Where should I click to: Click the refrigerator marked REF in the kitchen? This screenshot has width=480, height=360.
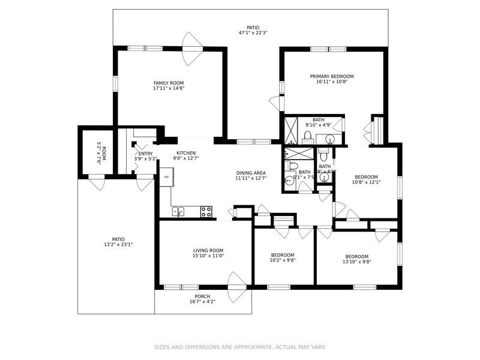click(166, 177)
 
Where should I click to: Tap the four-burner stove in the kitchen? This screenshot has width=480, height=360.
click(206, 211)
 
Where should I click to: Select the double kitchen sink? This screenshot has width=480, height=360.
click(179, 211)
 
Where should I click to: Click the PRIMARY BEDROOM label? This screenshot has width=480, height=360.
click(332, 76)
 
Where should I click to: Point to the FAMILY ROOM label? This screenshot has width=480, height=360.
click(169, 83)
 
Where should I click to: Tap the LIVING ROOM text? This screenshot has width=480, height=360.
click(208, 250)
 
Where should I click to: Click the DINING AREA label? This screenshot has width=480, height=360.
click(250, 173)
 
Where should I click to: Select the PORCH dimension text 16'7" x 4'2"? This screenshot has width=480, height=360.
click(202, 302)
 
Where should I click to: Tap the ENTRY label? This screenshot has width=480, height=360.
click(145, 154)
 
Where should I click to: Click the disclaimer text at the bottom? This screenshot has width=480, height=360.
click(240, 347)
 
